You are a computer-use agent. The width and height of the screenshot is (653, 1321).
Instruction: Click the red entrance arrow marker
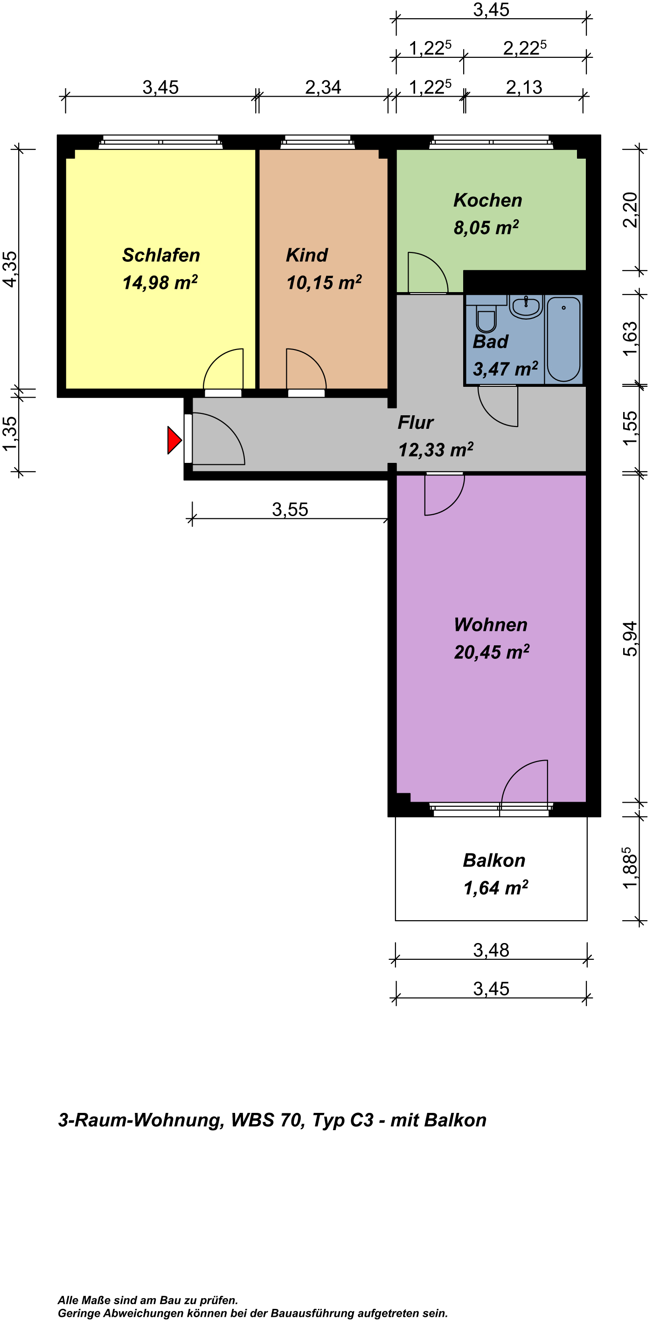click(x=174, y=440)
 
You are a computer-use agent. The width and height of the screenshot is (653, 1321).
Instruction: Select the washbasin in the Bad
click(x=526, y=307)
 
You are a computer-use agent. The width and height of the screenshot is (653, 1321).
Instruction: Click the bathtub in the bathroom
click(x=564, y=339)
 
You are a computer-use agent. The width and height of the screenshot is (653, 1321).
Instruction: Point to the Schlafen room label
click(x=161, y=255)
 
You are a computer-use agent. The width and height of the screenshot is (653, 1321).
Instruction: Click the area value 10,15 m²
click(x=324, y=283)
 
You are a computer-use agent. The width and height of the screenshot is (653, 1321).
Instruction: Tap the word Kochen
click(x=488, y=200)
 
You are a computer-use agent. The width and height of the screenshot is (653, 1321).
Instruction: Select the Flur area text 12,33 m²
click(x=436, y=450)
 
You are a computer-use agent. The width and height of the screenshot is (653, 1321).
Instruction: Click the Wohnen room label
click(x=491, y=625)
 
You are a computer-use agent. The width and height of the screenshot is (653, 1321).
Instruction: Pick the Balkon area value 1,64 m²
click(x=496, y=888)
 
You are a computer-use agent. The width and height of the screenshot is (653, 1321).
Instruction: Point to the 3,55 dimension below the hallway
click(x=290, y=509)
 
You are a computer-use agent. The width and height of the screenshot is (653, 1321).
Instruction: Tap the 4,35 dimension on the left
click(x=10, y=269)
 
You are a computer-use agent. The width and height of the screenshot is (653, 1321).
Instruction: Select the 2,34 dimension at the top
click(x=323, y=87)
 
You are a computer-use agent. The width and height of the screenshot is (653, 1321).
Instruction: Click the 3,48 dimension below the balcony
click(x=491, y=950)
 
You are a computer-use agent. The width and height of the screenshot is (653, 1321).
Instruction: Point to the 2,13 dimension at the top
click(x=524, y=87)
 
